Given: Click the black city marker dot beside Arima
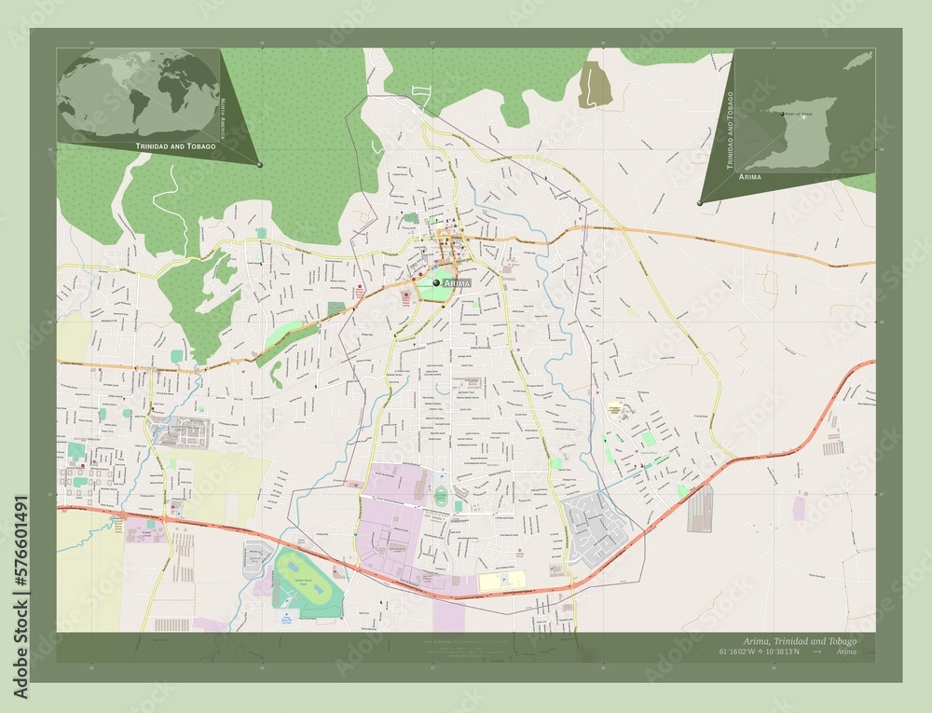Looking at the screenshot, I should [x=436, y=281].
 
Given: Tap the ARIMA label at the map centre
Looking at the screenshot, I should [x=457, y=281].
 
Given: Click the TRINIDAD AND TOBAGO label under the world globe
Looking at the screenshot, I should [x=176, y=147].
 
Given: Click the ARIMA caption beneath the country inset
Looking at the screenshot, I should [x=749, y=176].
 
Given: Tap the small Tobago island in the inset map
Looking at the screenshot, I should [x=857, y=61].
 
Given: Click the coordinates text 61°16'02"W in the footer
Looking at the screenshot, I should [x=764, y=651].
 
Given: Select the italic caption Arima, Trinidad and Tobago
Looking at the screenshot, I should [x=799, y=641].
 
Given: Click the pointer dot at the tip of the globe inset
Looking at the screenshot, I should [x=259, y=164].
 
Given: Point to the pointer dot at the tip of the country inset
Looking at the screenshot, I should [x=699, y=202].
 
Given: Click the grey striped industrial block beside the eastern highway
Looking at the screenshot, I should [x=700, y=509].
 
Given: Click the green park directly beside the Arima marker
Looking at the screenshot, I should [x=433, y=291].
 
